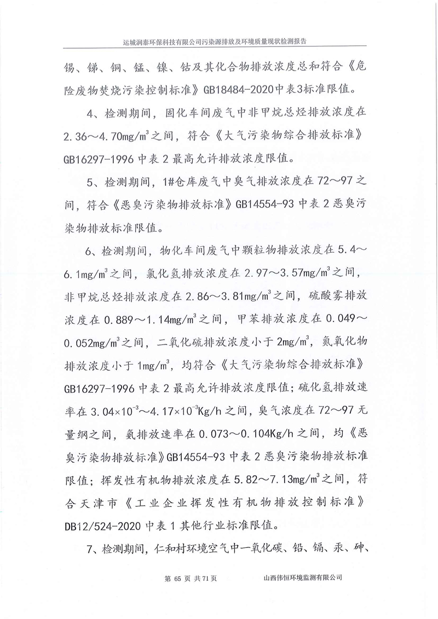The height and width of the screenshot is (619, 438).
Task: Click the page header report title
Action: coord(218,42)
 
